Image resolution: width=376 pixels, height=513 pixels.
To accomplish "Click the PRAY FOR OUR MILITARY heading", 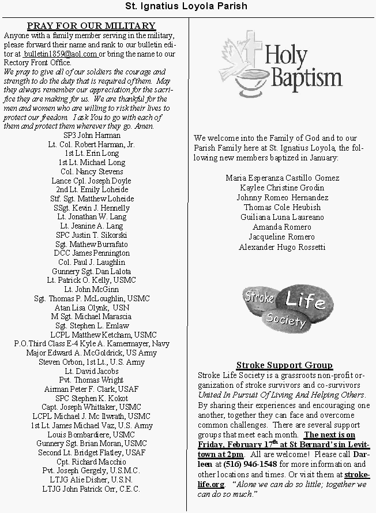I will click(91, 25).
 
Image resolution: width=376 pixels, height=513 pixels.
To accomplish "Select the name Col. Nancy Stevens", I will click(91, 171).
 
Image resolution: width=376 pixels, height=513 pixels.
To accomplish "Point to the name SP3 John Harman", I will click(91, 135).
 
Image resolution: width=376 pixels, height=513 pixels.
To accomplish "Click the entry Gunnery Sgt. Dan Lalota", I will click(91, 271).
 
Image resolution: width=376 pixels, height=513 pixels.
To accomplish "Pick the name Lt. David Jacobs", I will click(91, 371).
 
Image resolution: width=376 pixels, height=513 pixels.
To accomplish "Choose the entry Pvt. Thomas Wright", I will click(91, 380).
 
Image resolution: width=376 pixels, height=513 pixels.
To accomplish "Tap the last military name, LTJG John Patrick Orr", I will click(91, 489).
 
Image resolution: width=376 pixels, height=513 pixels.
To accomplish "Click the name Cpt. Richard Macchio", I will click(91, 462).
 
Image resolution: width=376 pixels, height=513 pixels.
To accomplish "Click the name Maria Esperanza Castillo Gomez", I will click(282, 178).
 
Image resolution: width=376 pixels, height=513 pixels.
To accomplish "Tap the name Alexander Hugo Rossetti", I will click(282, 248).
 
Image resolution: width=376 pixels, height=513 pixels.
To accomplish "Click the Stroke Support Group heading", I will click(284, 365).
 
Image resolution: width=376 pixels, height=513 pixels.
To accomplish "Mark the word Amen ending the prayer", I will click(145, 126).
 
